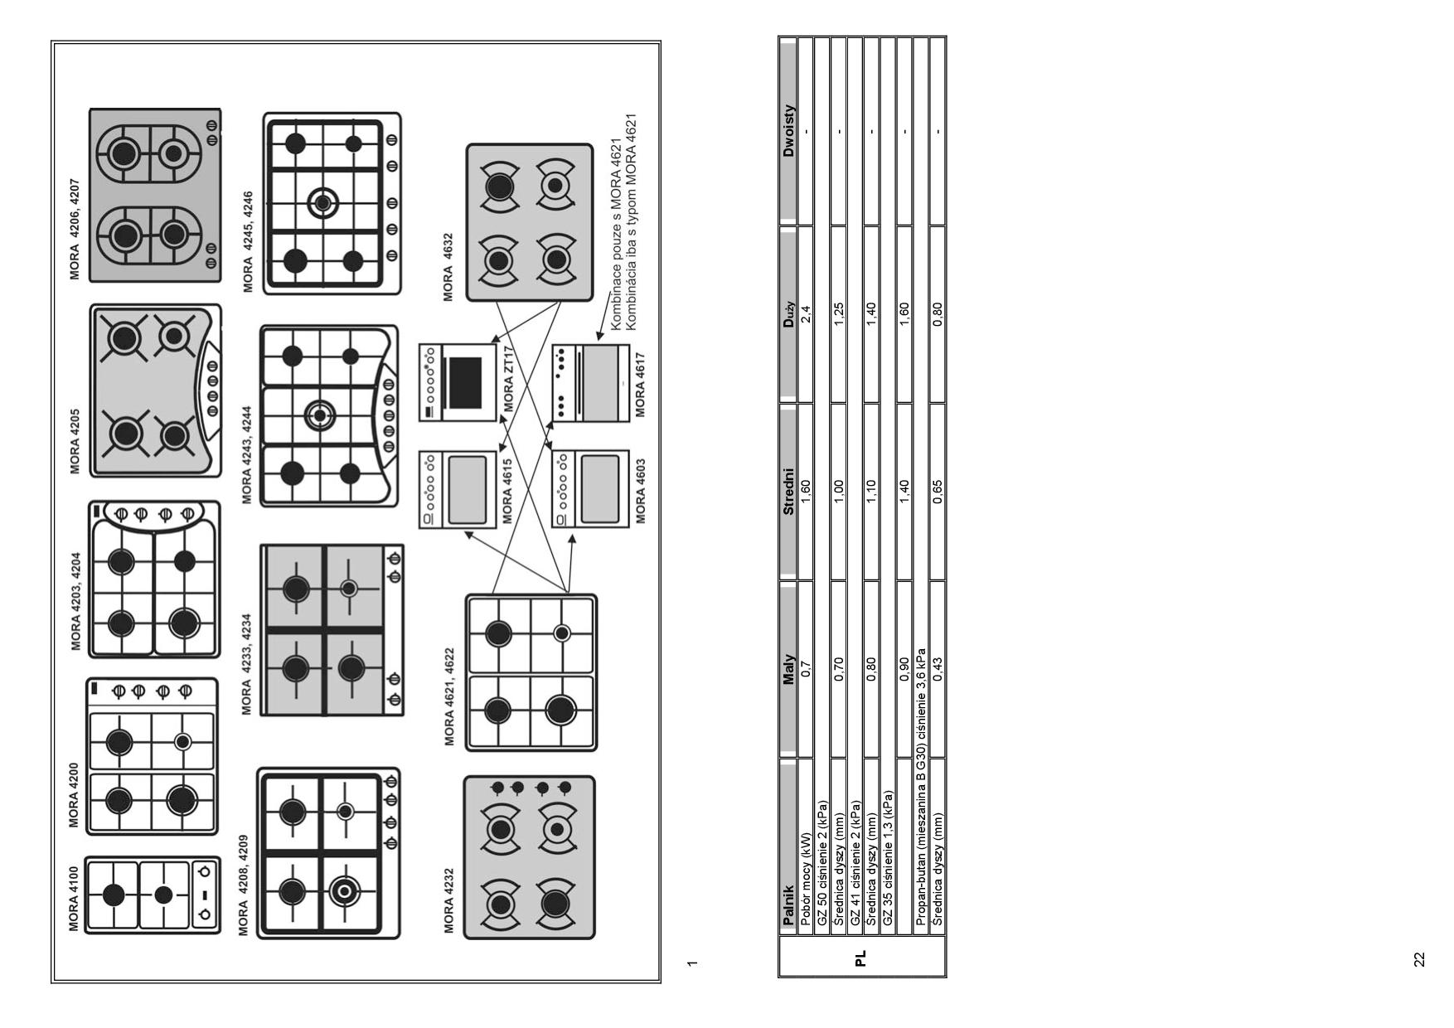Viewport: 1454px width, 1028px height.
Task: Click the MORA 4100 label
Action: tap(75, 899)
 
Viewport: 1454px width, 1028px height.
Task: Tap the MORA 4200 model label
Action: tap(75, 795)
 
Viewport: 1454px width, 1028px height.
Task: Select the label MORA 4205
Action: tap(75, 441)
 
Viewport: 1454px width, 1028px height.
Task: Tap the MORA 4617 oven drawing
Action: tap(591, 383)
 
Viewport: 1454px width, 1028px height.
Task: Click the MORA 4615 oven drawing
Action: tap(458, 489)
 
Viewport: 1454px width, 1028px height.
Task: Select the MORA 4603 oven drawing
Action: tap(591, 489)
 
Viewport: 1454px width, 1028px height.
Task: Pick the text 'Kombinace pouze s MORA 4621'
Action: tap(616, 235)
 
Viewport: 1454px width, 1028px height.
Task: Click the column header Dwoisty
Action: tap(788, 130)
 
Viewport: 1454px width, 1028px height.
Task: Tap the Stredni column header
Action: tap(788, 492)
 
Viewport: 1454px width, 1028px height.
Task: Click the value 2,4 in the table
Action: tap(805, 314)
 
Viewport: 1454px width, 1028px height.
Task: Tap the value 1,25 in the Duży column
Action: tap(839, 314)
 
